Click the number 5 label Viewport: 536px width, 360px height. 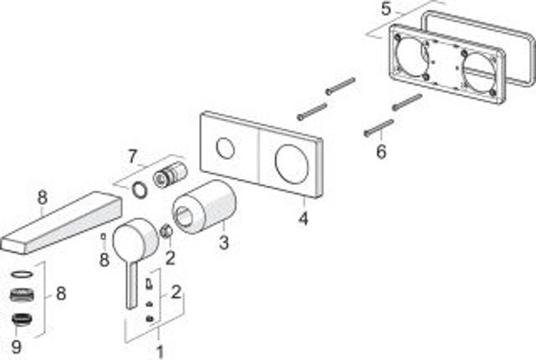pyautogui.click(x=386, y=9)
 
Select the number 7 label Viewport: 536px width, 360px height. pyautogui.click(x=132, y=156)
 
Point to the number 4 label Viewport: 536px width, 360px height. pyautogui.click(x=303, y=218)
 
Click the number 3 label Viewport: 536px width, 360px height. pyautogui.click(x=224, y=243)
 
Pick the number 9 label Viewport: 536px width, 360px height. pyautogui.click(x=16, y=346)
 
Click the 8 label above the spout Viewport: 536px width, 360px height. pyautogui.click(x=42, y=198)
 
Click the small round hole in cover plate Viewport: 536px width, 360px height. pyautogui.click(x=226, y=149)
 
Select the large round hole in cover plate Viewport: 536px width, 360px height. pyautogui.click(x=292, y=164)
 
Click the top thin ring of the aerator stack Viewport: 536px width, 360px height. pyautogui.click(x=21, y=274)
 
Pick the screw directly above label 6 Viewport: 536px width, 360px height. pyautogui.click(x=378, y=128)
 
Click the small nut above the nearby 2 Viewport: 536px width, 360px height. pyautogui.click(x=166, y=232)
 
